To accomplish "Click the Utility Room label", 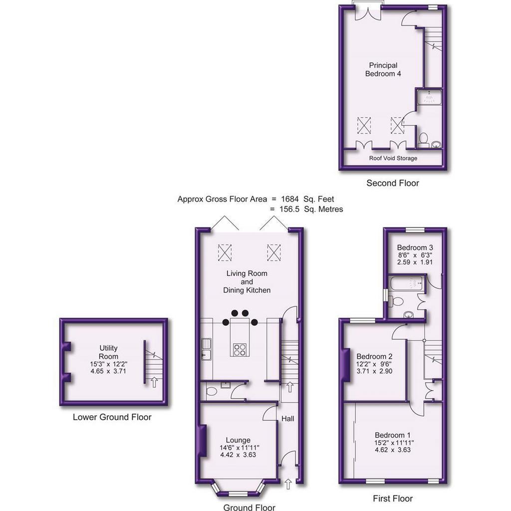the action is (108, 352).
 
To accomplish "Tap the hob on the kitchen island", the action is (240, 350).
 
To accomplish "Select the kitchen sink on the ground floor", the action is (206, 349).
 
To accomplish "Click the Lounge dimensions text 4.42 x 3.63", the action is (238, 455).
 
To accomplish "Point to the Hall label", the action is (288, 419).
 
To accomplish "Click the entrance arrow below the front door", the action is (288, 484).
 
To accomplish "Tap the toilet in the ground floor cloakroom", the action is (212, 391).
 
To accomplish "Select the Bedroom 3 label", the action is (415, 248).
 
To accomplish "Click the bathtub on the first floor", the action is (406, 282).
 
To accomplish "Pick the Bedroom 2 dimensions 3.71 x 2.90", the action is (374, 371).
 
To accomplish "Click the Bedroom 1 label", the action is (393, 435).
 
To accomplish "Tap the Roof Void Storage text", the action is (393, 158).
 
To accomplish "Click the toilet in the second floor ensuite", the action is (423, 140).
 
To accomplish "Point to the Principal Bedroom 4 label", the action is (383, 69).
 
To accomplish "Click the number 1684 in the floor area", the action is (290, 199).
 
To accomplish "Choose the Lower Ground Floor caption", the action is (112, 417).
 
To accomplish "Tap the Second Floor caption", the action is (393, 183).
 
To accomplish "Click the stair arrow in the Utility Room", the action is (155, 382).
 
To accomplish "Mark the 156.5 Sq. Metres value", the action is (311, 209).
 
